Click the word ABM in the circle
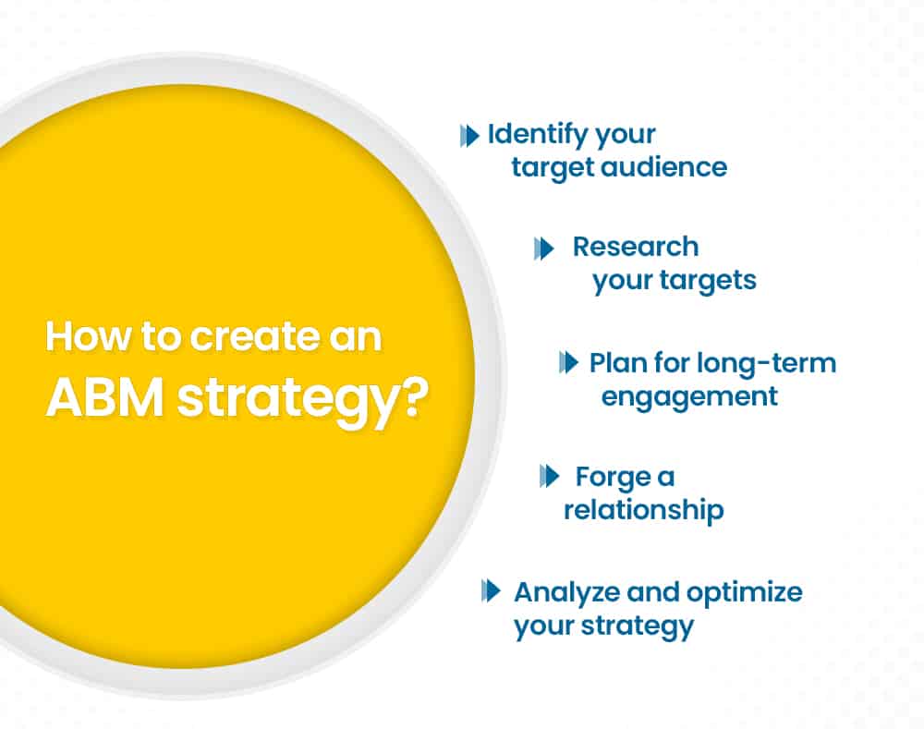pos(105,398)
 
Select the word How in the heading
pos(89,336)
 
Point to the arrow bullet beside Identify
pos(469,136)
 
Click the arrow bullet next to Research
pos(544,249)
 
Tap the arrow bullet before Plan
pos(568,362)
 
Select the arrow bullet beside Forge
pos(549,476)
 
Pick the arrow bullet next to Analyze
pos(491,590)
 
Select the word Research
pos(636,247)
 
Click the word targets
pos(708,281)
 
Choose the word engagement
pos(689,396)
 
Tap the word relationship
pos(644,509)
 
